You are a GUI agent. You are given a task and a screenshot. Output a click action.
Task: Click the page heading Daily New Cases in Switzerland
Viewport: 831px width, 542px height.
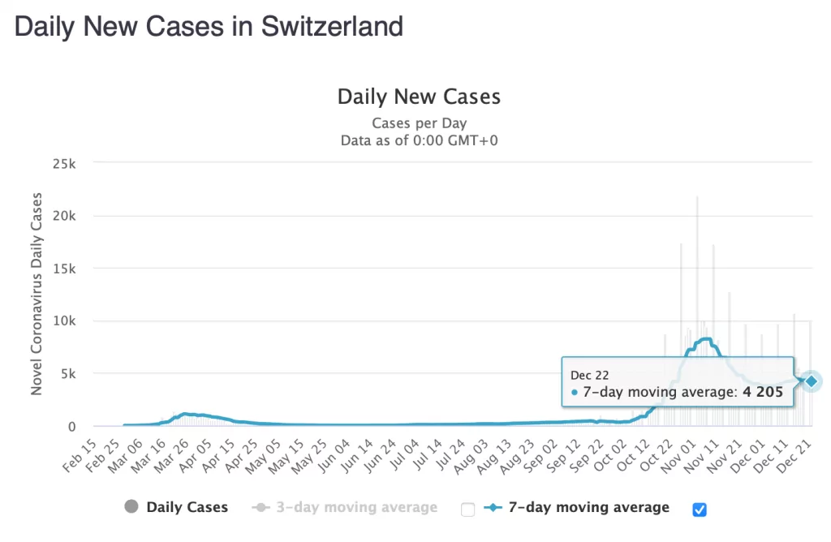tap(209, 26)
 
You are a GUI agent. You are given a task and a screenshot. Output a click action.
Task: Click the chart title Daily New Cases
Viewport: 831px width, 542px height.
tap(419, 97)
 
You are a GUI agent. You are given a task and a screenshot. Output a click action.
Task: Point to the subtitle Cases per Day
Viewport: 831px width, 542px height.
tap(419, 123)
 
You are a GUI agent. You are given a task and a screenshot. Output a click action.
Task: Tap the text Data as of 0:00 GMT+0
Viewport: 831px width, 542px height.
tap(419, 140)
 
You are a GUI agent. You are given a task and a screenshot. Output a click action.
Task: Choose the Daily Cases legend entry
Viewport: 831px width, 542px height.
tap(176, 508)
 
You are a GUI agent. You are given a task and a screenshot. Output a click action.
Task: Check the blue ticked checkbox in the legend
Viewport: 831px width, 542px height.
tap(700, 510)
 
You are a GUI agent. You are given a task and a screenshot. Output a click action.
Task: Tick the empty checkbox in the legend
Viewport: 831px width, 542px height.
tap(467, 510)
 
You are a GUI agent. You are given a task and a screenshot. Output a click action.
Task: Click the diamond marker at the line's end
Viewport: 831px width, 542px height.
tap(810, 381)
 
